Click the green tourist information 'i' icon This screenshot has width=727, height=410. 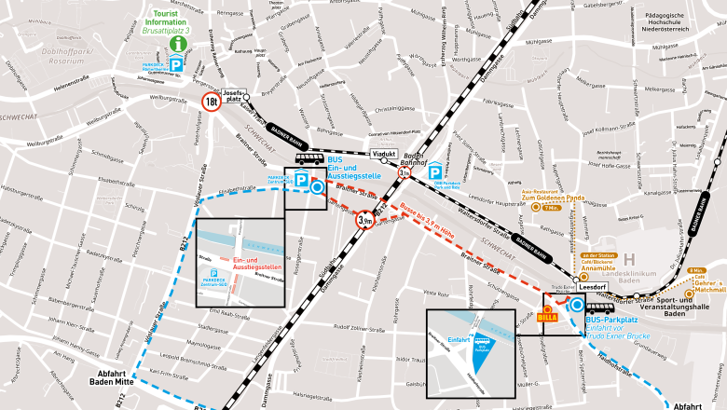point(177,44)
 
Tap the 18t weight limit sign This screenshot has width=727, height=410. point(213,102)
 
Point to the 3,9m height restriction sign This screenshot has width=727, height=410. point(366,220)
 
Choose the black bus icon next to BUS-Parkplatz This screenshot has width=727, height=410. point(599,307)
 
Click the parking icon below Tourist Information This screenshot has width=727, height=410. point(175,63)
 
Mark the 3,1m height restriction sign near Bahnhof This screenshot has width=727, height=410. point(404,173)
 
